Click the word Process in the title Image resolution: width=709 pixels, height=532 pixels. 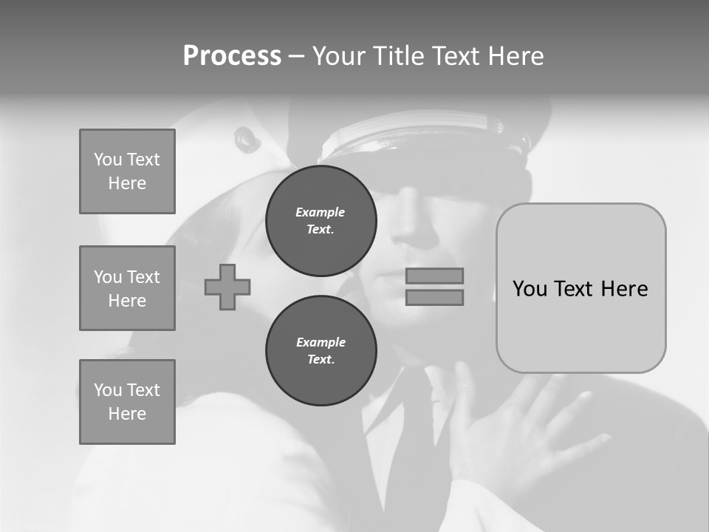pyautogui.click(x=232, y=56)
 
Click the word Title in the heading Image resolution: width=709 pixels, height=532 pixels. pyautogui.click(x=397, y=56)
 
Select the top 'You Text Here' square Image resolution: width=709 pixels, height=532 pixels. pyautogui.click(x=127, y=171)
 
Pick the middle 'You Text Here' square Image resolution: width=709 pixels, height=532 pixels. pyautogui.click(x=127, y=288)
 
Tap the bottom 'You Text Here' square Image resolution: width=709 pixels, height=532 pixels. pyautogui.click(x=127, y=402)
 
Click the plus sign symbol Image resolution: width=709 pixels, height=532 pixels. pyautogui.click(x=227, y=287)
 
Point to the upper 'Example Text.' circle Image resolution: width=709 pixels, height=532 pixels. pyautogui.click(x=321, y=221)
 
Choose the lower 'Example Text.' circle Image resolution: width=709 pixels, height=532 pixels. pyautogui.click(x=321, y=351)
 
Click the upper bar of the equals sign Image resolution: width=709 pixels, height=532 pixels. pyautogui.click(x=435, y=276)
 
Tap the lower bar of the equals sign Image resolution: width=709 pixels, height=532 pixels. pyautogui.click(x=435, y=297)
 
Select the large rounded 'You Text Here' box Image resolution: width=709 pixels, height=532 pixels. pyautogui.click(x=580, y=288)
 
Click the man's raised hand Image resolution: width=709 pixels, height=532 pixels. pyautogui.click(x=517, y=429)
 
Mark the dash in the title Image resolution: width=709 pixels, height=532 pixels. pyautogui.click(x=297, y=56)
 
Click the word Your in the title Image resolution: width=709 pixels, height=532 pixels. pyautogui.click(x=338, y=56)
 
